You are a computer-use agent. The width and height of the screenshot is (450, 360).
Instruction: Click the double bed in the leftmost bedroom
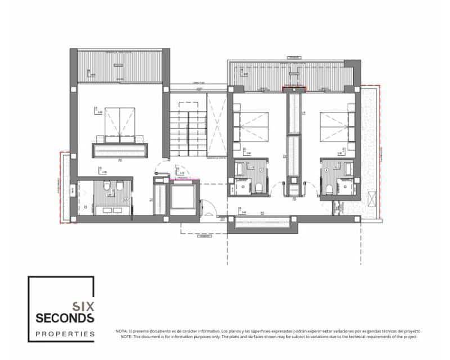pyautogui.click(x=119, y=124)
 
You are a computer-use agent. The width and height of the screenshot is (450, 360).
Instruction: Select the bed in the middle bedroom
pyautogui.click(x=251, y=127)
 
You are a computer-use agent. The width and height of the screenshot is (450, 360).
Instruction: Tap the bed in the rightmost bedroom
pyautogui.click(x=337, y=127)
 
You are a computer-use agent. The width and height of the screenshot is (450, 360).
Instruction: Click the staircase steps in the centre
pyautogui.click(x=188, y=130)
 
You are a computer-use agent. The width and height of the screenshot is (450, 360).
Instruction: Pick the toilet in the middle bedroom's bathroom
pyautogui.click(x=258, y=187)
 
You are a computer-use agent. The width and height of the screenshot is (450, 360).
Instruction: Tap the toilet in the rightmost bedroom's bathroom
pyautogui.click(x=329, y=187)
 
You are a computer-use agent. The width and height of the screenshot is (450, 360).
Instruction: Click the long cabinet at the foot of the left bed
pyautogui.click(x=120, y=150)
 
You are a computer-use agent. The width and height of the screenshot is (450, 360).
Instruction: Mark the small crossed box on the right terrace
pyautogui.click(x=372, y=199)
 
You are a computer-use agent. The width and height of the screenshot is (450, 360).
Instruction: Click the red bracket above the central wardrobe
pyautogui.click(x=294, y=88)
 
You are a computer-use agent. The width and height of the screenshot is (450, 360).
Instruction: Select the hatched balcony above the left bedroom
pyautogui.click(x=119, y=66)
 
